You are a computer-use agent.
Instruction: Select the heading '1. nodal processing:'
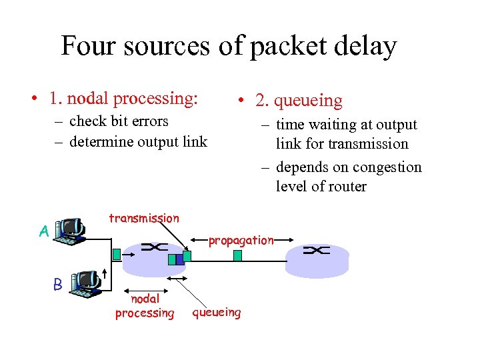pos(123,98)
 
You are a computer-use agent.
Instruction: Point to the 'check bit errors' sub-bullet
pos(119,121)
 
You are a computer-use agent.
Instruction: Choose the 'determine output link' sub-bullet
pos(138,141)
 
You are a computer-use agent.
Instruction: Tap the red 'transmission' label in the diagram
pos(143,218)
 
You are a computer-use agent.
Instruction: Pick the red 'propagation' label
pos(241,240)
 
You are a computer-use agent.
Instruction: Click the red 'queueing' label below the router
pos(217,312)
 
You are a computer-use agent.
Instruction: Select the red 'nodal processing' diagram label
pos(145,306)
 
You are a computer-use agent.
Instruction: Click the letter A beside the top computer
pos(43,231)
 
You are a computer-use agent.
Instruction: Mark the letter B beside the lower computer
pos(57,285)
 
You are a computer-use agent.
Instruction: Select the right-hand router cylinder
pos(317,259)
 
